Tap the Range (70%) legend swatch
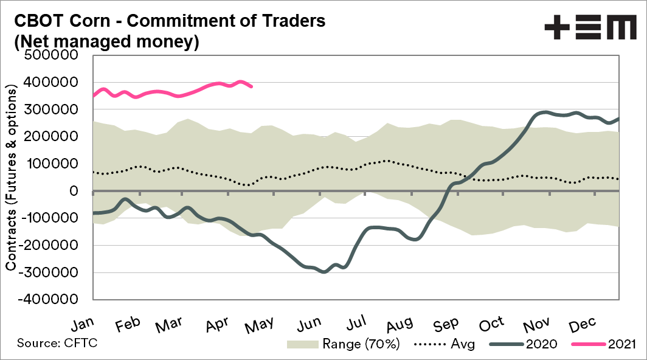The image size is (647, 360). click(x=303, y=344)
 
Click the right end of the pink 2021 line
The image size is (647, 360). click(x=252, y=86)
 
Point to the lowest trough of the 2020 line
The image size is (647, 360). click(x=323, y=272)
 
